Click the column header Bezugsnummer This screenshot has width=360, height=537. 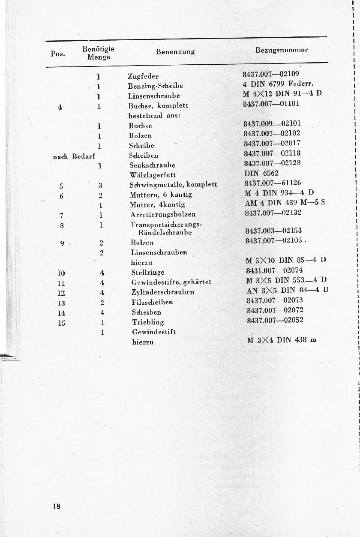point(282,50)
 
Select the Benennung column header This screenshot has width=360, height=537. point(175,52)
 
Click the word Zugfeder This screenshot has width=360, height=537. point(143,77)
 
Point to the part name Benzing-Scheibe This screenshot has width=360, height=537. point(155,86)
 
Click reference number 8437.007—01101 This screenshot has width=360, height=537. point(271,104)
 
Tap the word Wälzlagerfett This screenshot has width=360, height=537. point(153,175)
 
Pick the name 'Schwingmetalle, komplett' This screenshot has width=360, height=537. point(173,185)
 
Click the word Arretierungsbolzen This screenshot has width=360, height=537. point(163,214)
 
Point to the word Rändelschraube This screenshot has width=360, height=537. point(165,233)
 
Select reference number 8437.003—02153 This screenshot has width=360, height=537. point(273,231)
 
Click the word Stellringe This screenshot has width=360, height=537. point(147,273)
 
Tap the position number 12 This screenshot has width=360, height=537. point(61,293)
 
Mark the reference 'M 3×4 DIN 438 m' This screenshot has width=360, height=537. point(281,340)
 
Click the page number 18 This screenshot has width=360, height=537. point(57,507)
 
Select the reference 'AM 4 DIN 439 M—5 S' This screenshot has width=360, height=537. point(285,203)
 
